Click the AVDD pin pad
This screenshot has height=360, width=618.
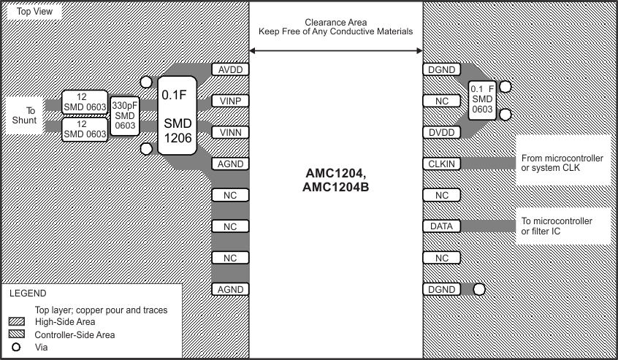[231, 70]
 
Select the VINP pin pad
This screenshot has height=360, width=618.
[231, 101]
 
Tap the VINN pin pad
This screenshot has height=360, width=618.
[231, 132]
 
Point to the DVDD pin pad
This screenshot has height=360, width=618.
[441, 132]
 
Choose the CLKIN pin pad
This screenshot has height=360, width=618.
[441, 164]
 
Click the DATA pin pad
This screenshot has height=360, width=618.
[441, 226]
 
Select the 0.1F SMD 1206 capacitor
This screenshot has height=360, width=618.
[178, 115]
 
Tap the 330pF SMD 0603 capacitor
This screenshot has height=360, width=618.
[125, 115]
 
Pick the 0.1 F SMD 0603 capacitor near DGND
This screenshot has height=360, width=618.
[482, 99]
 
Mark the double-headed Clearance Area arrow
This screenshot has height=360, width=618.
[336, 50]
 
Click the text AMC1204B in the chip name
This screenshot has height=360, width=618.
[335, 187]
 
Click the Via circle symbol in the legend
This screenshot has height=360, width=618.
[16, 347]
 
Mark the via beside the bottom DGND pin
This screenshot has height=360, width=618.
[478, 289]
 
